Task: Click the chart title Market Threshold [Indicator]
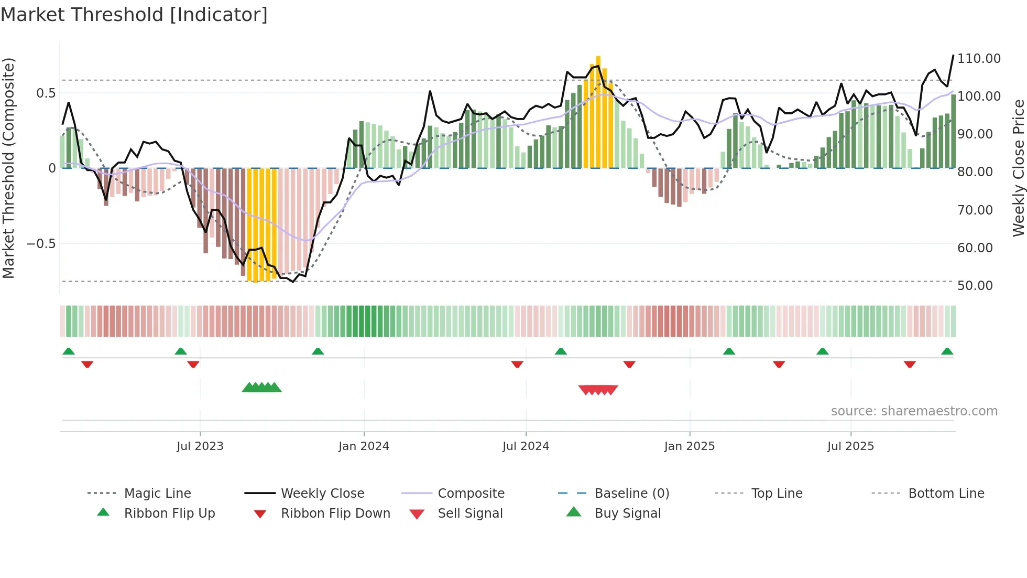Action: coord(134,15)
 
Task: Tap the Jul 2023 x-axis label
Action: coord(200,446)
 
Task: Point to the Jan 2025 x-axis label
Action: coord(689,446)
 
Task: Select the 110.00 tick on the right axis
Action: coord(979,59)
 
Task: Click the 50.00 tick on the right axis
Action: coord(975,286)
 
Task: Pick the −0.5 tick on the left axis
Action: coord(41,244)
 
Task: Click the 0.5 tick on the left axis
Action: coord(46,93)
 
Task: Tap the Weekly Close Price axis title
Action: coord(1018,168)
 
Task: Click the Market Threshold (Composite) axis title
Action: coord(8,168)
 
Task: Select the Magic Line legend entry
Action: coord(157,494)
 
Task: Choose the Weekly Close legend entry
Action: coord(322,494)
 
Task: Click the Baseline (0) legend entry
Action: coord(631,494)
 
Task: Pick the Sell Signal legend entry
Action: coord(469,513)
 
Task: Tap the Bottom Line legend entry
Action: coord(946,494)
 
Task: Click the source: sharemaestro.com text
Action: coord(914,411)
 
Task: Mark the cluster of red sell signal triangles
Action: coord(598,390)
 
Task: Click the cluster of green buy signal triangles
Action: coord(261,388)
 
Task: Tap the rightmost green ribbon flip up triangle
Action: coord(947,351)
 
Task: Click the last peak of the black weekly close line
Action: coord(953,55)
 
